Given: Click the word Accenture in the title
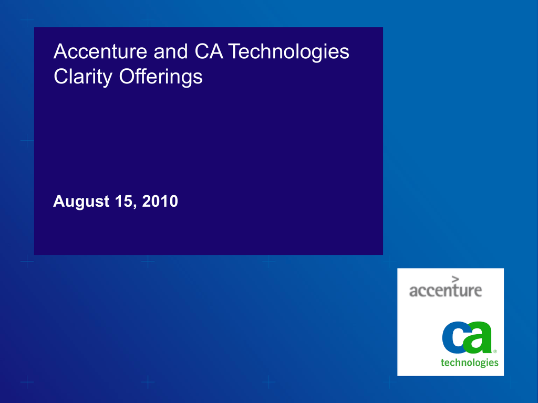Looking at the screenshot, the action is click(100, 51).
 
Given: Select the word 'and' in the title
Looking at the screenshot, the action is click(171, 51).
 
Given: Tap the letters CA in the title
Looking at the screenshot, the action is click(209, 51).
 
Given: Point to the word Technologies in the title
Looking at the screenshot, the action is click(288, 53).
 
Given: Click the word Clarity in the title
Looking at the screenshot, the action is click(83, 77).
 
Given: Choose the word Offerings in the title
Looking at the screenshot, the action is click(161, 77).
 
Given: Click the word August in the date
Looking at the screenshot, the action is click(81, 201).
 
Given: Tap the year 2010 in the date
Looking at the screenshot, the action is click(160, 201).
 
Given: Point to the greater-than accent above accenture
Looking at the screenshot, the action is click(456, 279).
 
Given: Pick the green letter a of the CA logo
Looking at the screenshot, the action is click(479, 337).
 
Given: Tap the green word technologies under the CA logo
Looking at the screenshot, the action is click(469, 363).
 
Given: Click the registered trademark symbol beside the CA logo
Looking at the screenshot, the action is click(495, 351).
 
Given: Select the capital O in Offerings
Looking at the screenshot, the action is click(126, 76).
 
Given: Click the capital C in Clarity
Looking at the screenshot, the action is click(61, 76).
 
